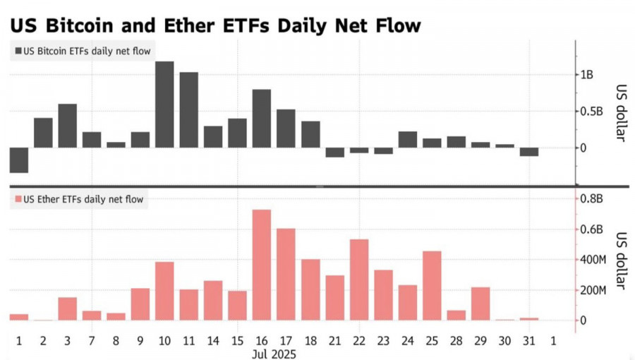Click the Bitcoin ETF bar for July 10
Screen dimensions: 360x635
164,104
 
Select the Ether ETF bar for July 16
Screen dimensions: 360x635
262,265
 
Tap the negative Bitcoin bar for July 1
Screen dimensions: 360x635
19,160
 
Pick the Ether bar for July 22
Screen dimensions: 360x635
359,280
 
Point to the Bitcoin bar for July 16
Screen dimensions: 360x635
262,119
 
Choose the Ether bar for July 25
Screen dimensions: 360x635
432,285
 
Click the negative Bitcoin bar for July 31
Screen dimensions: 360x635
529,152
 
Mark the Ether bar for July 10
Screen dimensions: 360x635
164,291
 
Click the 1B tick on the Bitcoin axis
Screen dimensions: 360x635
587,75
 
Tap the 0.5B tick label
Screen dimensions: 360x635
591,112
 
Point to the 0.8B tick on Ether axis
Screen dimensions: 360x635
591,198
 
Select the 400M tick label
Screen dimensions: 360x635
593,260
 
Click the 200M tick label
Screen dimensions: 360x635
593,290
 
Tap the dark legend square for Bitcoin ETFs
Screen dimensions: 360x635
18,51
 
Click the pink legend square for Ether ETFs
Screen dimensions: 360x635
18,200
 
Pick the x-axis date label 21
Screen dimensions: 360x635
334,340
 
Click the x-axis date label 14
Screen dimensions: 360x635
213,340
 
